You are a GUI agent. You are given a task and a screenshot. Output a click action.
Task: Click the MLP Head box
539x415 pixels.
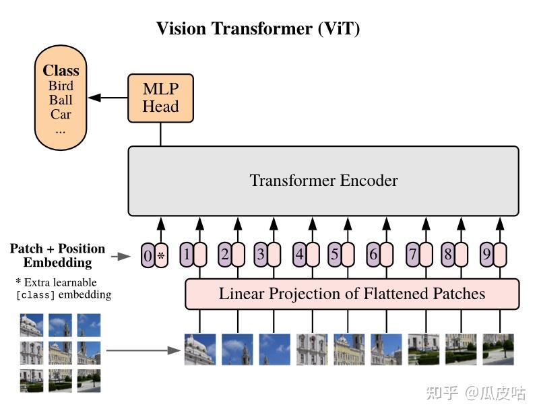tap(160, 98)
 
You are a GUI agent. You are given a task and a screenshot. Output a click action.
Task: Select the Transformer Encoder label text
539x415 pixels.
tap(323, 181)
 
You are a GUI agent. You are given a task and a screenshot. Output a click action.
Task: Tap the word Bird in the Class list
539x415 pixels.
tap(61, 86)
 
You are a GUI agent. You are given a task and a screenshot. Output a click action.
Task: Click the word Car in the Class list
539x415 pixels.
tap(61, 114)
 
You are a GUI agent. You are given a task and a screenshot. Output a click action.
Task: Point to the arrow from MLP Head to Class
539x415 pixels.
tap(108, 98)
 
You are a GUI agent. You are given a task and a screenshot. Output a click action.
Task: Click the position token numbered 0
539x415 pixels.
tap(148, 256)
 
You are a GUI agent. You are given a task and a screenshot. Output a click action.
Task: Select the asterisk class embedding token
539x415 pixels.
tap(161, 256)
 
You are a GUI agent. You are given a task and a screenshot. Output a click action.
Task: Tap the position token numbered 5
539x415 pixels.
tap(334, 255)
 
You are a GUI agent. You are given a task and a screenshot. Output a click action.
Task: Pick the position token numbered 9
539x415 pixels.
tap(486, 255)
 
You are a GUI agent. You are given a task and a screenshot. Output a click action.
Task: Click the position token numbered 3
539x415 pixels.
tap(260, 255)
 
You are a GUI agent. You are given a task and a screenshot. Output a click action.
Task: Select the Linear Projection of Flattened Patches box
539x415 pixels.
tap(352, 294)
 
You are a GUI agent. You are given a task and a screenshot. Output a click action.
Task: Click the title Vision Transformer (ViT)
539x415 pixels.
tap(258, 28)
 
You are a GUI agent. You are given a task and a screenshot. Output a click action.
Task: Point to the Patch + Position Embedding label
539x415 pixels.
tap(57, 255)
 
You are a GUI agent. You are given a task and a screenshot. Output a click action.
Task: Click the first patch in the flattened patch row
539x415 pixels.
tap(200, 350)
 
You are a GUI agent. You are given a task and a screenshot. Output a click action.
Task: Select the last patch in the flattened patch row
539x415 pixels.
tap(498, 350)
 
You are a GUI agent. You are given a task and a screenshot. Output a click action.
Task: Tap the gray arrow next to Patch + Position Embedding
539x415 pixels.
tap(121, 256)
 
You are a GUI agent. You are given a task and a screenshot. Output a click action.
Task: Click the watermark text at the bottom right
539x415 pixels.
tap(476, 393)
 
